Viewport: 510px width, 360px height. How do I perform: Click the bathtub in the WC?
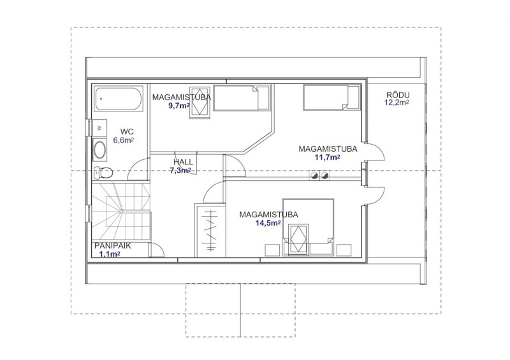pyautogui.click(x=119, y=99)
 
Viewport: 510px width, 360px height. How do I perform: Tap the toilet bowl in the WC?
pyautogui.click(x=103, y=173)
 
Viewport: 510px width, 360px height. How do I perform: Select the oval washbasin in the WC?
pyautogui.click(x=99, y=150)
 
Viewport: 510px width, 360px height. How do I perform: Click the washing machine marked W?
pyautogui.click(x=99, y=128)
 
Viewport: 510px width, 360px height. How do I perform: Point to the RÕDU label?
pyautogui.click(x=398, y=95)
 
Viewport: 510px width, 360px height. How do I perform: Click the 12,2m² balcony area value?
pyautogui.click(x=397, y=103)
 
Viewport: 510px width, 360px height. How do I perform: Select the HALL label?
pyautogui.click(x=183, y=162)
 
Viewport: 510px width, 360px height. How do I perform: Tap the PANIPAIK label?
pyautogui.click(x=113, y=246)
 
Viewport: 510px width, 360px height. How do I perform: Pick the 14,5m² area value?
pyautogui.click(x=268, y=223)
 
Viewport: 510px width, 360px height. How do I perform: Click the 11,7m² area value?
pyautogui.click(x=328, y=157)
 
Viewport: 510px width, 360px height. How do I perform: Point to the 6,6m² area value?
pyautogui.click(x=123, y=140)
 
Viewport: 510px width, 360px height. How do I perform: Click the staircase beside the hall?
pyautogui.click(x=120, y=212)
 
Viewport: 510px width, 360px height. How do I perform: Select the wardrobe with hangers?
pyautogui.click(x=210, y=230)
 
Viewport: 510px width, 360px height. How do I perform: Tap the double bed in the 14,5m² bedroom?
pyautogui.click(x=308, y=227)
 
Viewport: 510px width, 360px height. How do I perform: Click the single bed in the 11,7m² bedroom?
pyautogui.click(x=331, y=97)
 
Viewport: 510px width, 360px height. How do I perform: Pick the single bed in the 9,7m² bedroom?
pyautogui.click(x=242, y=97)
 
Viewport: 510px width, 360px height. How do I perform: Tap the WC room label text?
pyautogui.click(x=127, y=132)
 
